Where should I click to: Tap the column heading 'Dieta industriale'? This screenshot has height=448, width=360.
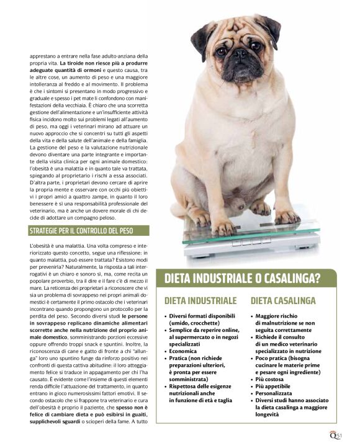point(200,300)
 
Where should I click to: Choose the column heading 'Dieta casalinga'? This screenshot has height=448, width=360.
point(284,300)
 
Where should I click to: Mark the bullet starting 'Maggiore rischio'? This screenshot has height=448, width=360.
point(279,316)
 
